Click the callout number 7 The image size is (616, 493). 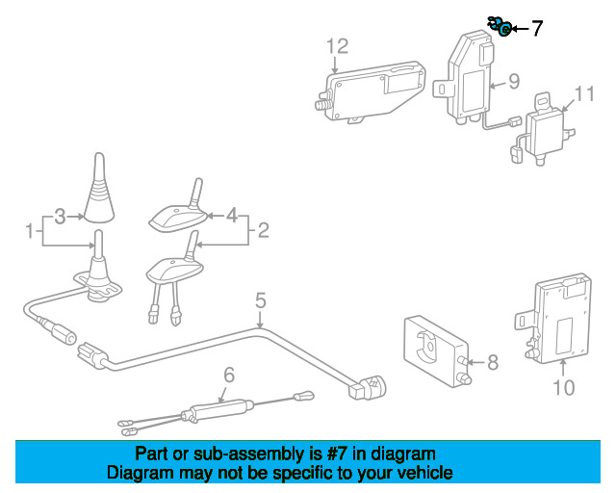(536, 29)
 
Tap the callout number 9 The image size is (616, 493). (514, 81)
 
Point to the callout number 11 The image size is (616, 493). (586, 93)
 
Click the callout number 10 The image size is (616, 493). (563, 387)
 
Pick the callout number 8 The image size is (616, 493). (493, 362)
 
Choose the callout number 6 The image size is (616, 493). (229, 375)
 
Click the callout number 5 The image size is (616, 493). (260, 302)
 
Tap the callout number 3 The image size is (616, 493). (60, 217)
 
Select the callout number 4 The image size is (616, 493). (231, 217)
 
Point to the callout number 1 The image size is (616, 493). (30, 231)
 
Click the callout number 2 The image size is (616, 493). (263, 230)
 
